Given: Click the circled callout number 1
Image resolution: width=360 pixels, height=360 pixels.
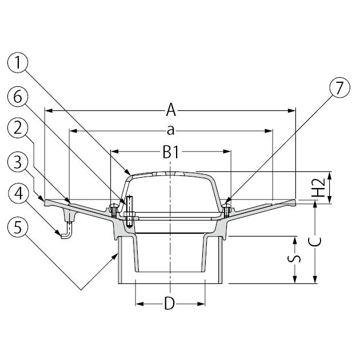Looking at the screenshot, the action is [x=18, y=63].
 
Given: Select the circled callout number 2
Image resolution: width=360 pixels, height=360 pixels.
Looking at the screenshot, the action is [x=18, y=129].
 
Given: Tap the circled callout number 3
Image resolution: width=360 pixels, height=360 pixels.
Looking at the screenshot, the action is [x=18, y=162].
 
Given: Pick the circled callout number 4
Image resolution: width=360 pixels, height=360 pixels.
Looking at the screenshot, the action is [x=18, y=194].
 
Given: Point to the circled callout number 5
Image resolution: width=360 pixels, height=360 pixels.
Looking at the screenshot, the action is [x=18, y=227].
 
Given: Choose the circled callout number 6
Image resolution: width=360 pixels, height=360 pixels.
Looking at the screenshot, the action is [x=18, y=97].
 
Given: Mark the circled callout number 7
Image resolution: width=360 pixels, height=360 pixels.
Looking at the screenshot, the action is [x=339, y=87].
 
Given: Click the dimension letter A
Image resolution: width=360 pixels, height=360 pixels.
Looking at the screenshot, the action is [x=171, y=110].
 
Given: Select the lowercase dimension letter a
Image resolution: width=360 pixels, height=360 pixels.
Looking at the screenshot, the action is [x=171, y=131].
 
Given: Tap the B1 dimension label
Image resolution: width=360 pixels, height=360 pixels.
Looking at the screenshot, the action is [x=171, y=152].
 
